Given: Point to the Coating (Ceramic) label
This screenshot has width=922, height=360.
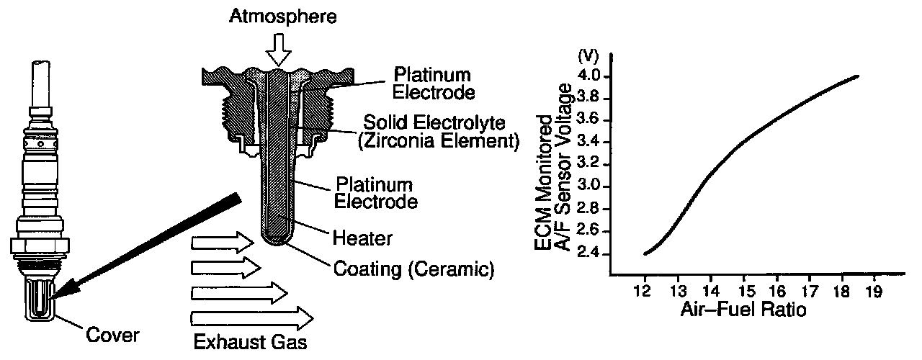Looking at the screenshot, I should (x=413, y=271).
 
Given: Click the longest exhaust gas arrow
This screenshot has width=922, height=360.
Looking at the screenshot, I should (x=252, y=317).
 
